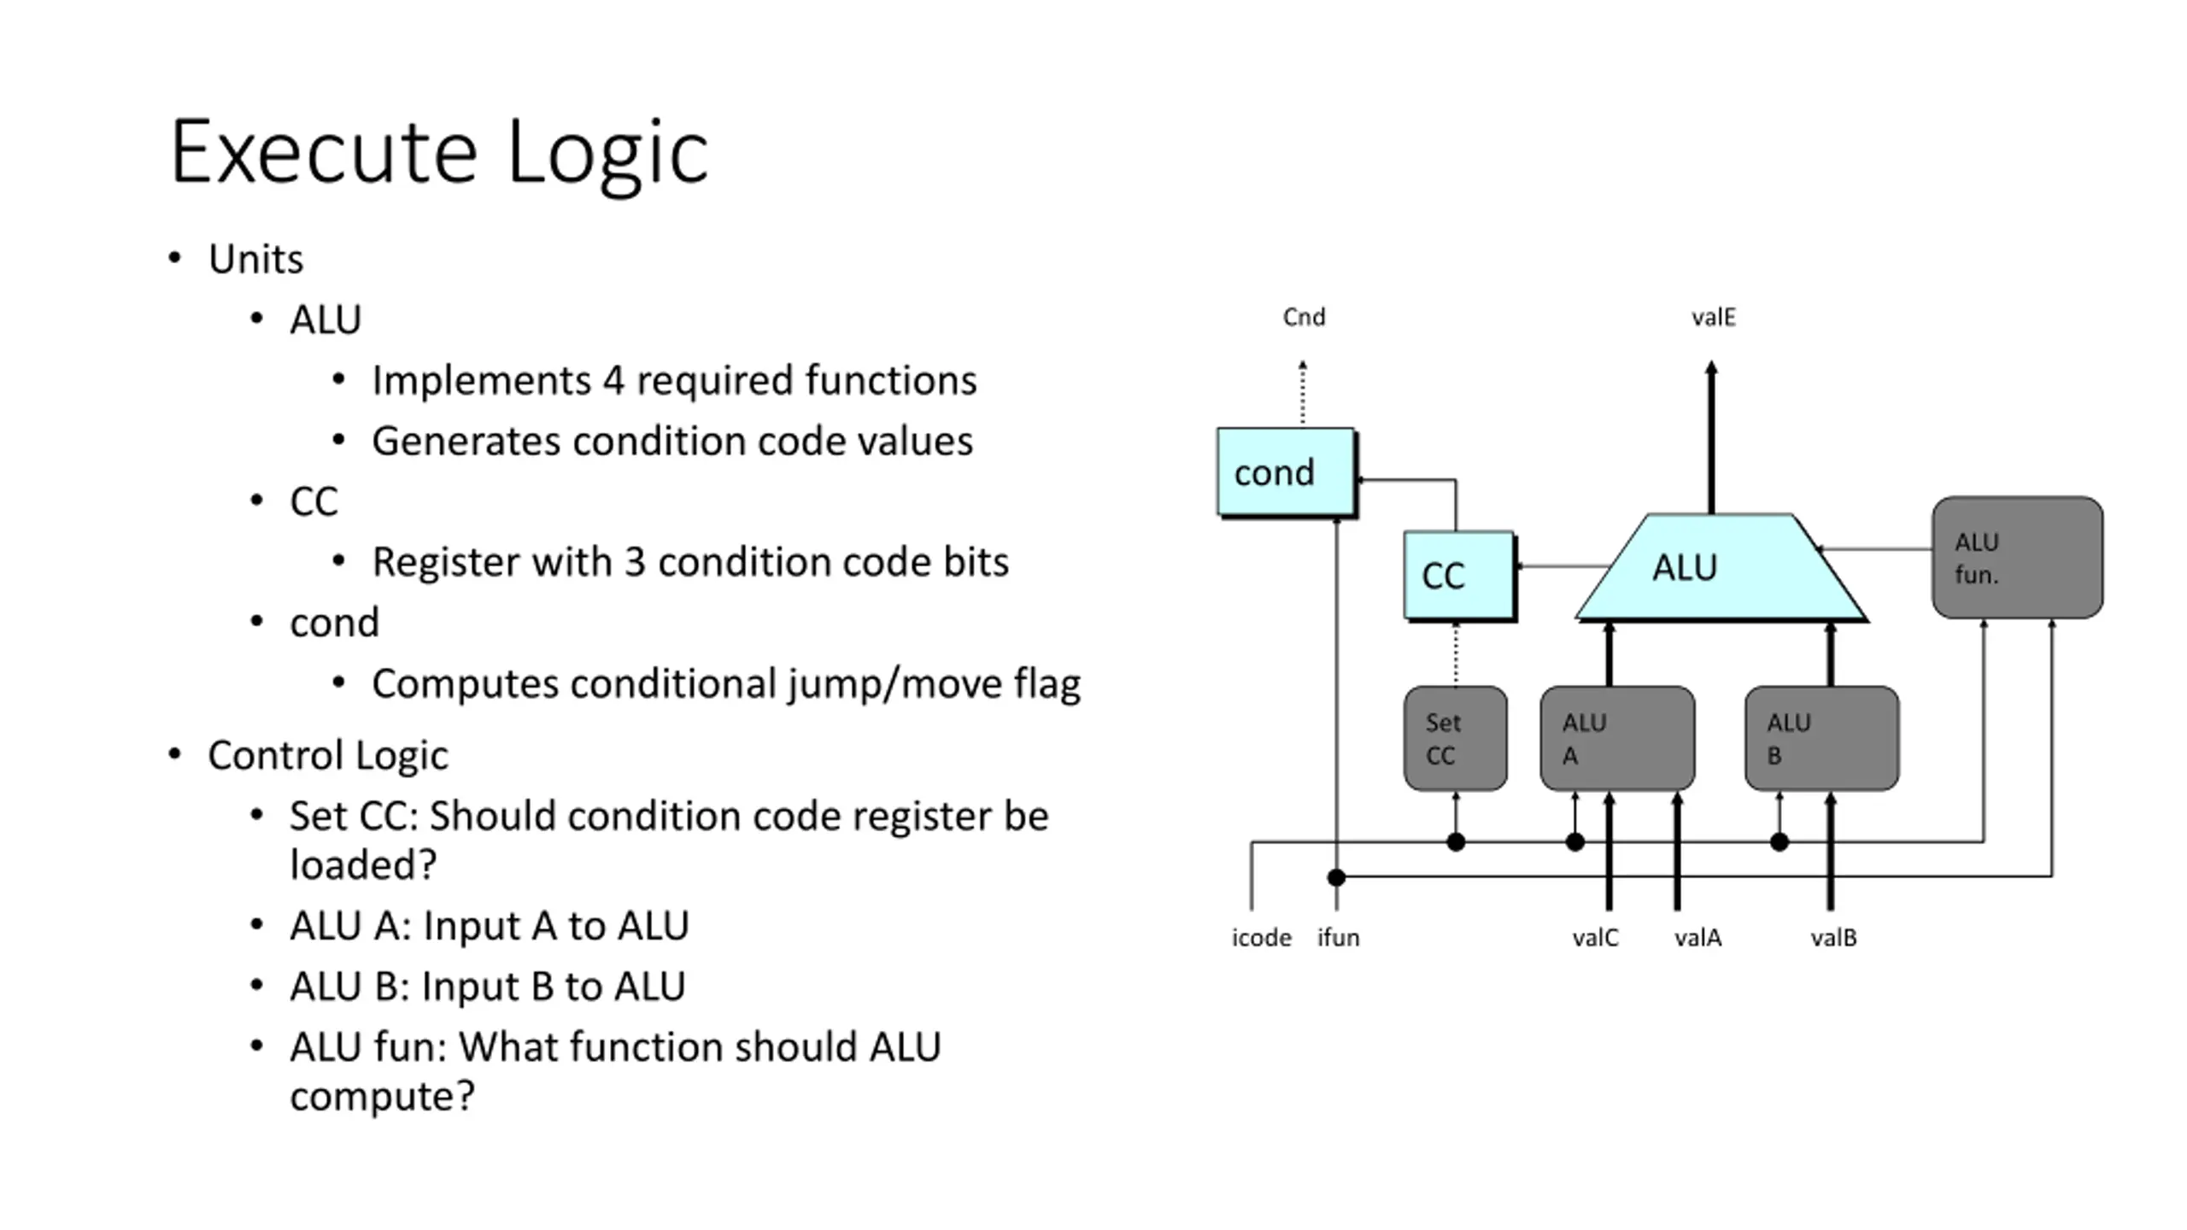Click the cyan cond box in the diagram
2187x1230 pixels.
pos(1286,472)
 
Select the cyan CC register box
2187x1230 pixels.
pos(1458,575)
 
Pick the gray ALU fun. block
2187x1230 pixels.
pos(2017,557)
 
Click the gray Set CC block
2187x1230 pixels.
pos(1455,738)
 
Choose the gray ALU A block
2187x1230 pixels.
pos(1616,738)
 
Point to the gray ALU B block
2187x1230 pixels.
pos(1821,738)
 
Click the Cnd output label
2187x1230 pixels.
pos(1304,318)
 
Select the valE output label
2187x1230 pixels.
pos(1713,318)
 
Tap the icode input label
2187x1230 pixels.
pos(1261,938)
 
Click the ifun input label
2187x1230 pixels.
pos(1338,938)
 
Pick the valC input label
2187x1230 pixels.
pos(1595,938)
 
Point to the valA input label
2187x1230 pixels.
pos(1697,938)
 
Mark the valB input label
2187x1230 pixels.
pos(1833,938)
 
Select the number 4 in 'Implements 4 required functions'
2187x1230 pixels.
pos(613,380)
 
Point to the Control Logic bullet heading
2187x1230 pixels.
pos(327,755)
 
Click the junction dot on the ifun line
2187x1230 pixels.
pos(1336,876)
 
